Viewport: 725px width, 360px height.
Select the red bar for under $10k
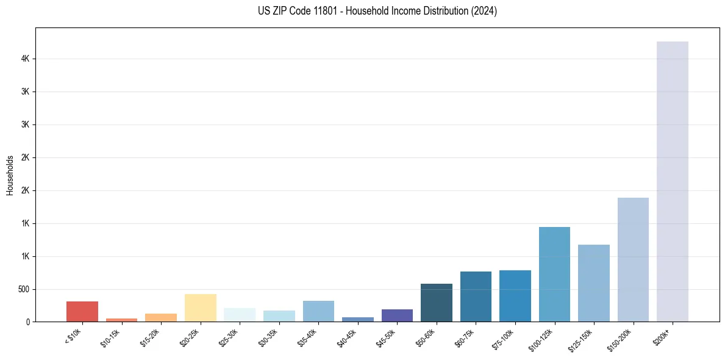pyautogui.click(x=82, y=311)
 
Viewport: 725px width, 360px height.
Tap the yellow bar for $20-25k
pyautogui.click(x=200, y=308)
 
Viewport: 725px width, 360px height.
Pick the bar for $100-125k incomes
pyautogui.click(x=554, y=274)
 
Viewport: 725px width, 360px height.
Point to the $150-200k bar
pyautogui.click(x=633, y=259)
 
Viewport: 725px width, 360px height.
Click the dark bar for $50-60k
pyautogui.click(x=436, y=303)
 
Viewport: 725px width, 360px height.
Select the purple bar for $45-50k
pyautogui.click(x=397, y=315)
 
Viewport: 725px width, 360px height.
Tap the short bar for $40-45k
pyautogui.click(x=358, y=319)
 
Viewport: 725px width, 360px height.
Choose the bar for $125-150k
pyautogui.click(x=593, y=283)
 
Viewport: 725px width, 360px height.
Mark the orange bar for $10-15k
pyautogui.click(x=121, y=320)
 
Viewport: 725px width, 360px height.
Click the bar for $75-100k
pyautogui.click(x=515, y=296)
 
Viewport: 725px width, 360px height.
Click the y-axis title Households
pyautogui.click(x=10, y=175)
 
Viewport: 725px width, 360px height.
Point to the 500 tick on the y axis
pyautogui.click(x=24, y=289)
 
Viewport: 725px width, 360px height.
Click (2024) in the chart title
pyautogui.click(x=484, y=11)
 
